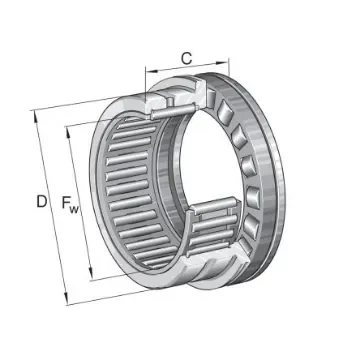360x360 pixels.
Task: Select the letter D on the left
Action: tap(42, 202)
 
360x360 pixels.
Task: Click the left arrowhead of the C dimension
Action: tap(148, 71)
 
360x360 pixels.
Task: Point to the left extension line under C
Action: tap(145, 85)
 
